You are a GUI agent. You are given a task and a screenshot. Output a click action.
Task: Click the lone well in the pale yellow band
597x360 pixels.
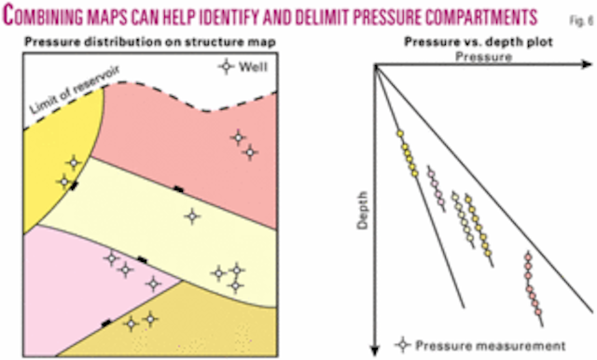[x=191, y=215]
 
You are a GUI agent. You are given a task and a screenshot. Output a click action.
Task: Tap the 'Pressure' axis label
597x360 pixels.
[x=482, y=57]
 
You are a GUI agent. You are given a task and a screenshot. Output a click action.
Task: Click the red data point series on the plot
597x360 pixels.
[x=534, y=284]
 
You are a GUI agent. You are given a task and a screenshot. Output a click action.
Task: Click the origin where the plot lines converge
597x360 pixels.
[x=375, y=66]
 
